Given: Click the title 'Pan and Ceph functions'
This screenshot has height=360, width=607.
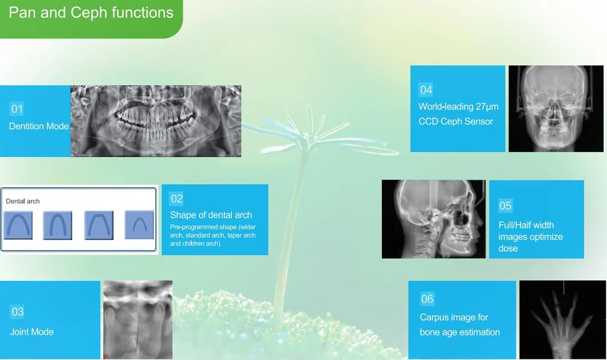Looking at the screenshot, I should pyautogui.click(x=90, y=13).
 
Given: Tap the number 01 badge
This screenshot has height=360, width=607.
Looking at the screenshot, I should pyautogui.click(x=17, y=109).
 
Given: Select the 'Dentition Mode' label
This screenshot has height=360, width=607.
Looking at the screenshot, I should pyautogui.click(x=38, y=126).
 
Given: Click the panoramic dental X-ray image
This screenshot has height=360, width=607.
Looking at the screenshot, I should pyautogui.click(x=156, y=121).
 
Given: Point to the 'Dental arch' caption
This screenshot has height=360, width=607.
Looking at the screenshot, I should pyautogui.click(x=23, y=201).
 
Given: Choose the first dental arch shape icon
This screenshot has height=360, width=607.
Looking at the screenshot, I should pyautogui.click(x=17, y=225).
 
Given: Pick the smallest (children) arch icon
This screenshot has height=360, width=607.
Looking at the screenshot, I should pyautogui.click(x=139, y=225).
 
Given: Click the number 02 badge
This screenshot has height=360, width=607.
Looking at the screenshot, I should pyautogui.click(x=176, y=199).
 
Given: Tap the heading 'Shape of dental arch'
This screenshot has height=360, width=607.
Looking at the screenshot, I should pyautogui.click(x=211, y=215).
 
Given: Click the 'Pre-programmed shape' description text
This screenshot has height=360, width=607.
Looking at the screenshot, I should pyautogui.click(x=212, y=235).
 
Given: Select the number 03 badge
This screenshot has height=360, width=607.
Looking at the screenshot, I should pyautogui.click(x=17, y=312).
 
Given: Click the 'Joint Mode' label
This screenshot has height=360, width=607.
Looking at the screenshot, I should pyautogui.click(x=31, y=332).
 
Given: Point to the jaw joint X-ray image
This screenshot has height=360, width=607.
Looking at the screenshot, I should pyautogui.click(x=137, y=319).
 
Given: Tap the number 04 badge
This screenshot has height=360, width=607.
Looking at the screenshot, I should pyautogui.click(x=426, y=90).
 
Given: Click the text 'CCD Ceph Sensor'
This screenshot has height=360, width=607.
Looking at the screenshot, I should pyautogui.click(x=455, y=121).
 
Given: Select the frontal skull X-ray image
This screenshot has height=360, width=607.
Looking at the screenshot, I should pyautogui.click(x=548, y=108).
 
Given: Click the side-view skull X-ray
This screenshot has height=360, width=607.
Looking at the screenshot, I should pyautogui.click(x=433, y=219).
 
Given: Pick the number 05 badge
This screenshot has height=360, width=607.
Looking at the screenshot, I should pyautogui.click(x=505, y=206).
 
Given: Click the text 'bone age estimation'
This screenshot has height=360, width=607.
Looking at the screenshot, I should pyautogui.click(x=459, y=333).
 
